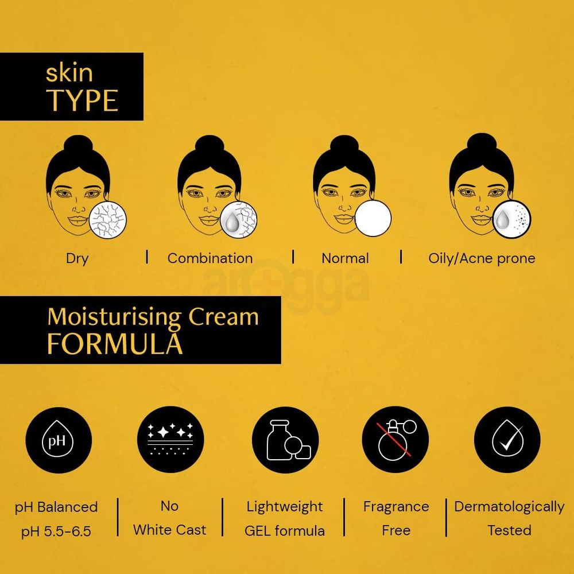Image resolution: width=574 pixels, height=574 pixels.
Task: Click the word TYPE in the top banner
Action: click(82, 100)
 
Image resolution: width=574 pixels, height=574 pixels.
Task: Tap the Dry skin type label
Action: click(77, 258)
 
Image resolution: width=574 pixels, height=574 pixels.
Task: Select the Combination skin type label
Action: click(210, 258)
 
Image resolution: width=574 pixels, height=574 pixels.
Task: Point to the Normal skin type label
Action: click(345, 258)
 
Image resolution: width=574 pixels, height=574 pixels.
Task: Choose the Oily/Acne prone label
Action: click(482, 258)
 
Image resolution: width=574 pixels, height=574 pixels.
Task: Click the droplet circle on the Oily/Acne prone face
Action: click(512, 218)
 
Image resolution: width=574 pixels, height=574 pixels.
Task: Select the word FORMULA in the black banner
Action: click(115, 344)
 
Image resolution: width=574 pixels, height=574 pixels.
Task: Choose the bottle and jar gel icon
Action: click(285, 440)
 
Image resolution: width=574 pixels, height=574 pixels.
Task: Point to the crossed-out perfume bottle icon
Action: click(395, 440)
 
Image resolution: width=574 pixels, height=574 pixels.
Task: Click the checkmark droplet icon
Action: click(507, 440)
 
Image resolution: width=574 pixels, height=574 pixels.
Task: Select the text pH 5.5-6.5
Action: click(56, 531)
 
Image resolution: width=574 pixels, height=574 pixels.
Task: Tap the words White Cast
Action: click(169, 530)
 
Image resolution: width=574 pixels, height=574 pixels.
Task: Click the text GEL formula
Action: click(285, 531)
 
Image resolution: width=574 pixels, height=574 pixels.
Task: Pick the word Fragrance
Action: click(396, 507)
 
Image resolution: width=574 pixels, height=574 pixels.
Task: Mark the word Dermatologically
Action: click(509, 507)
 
